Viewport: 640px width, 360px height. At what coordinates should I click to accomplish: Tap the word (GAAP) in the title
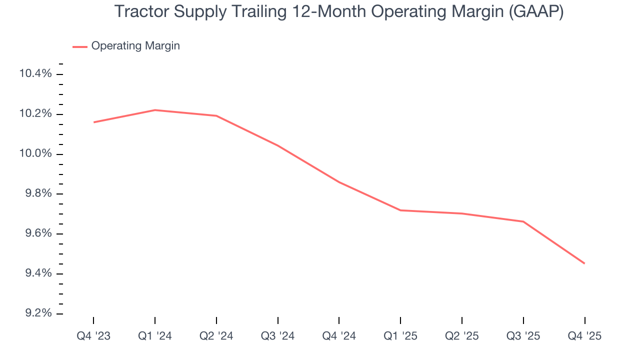[x=536, y=11]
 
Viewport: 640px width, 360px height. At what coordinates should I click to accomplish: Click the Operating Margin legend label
[x=135, y=46]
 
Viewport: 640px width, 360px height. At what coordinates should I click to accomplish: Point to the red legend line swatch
[x=80, y=46]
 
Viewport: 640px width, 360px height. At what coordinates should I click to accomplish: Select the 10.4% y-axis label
[x=35, y=74]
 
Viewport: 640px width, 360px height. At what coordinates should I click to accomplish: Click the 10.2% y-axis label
[x=35, y=114]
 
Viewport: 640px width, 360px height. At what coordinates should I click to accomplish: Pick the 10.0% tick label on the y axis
[x=35, y=154]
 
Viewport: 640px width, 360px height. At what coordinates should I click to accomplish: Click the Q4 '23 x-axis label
[x=93, y=336]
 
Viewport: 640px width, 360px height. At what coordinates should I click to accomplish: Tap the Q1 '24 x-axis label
[x=155, y=336]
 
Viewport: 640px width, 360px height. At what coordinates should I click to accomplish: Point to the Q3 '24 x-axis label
[x=278, y=336]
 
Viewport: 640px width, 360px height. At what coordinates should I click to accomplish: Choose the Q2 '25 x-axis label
[x=462, y=336]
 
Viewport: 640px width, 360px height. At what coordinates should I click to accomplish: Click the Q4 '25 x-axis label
[x=584, y=336]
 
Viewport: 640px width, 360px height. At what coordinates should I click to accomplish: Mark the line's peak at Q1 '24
[x=155, y=110]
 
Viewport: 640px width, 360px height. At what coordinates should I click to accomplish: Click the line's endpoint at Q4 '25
[x=584, y=263]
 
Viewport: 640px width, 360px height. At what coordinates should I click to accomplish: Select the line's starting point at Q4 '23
[x=93, y=122]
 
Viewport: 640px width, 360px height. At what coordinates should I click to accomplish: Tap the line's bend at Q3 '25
[x=523, y=221]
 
